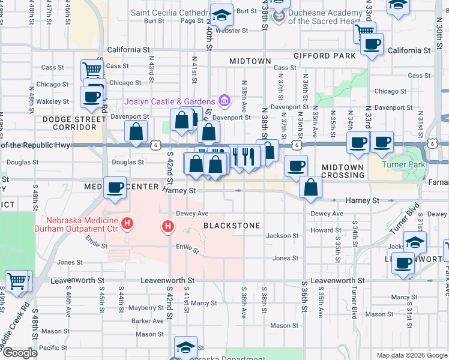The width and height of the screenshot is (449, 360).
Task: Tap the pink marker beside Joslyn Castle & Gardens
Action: coord(224,100)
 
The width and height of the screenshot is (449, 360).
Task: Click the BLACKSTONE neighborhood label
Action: coord(232,226)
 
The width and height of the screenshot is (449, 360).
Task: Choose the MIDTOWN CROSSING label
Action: coord(343,171)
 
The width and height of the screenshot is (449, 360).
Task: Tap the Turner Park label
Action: coord(405,164)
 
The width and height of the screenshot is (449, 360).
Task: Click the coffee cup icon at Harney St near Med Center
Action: coord(114,187)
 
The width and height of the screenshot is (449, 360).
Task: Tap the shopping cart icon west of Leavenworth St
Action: coord(17,280)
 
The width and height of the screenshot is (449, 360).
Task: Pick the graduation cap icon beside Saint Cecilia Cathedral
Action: coord(221,16)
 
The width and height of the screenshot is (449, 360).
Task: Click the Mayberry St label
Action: coord(142,308)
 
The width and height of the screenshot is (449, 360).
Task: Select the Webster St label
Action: coord(236,30)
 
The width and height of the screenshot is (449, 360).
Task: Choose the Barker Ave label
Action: coord(149,321)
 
